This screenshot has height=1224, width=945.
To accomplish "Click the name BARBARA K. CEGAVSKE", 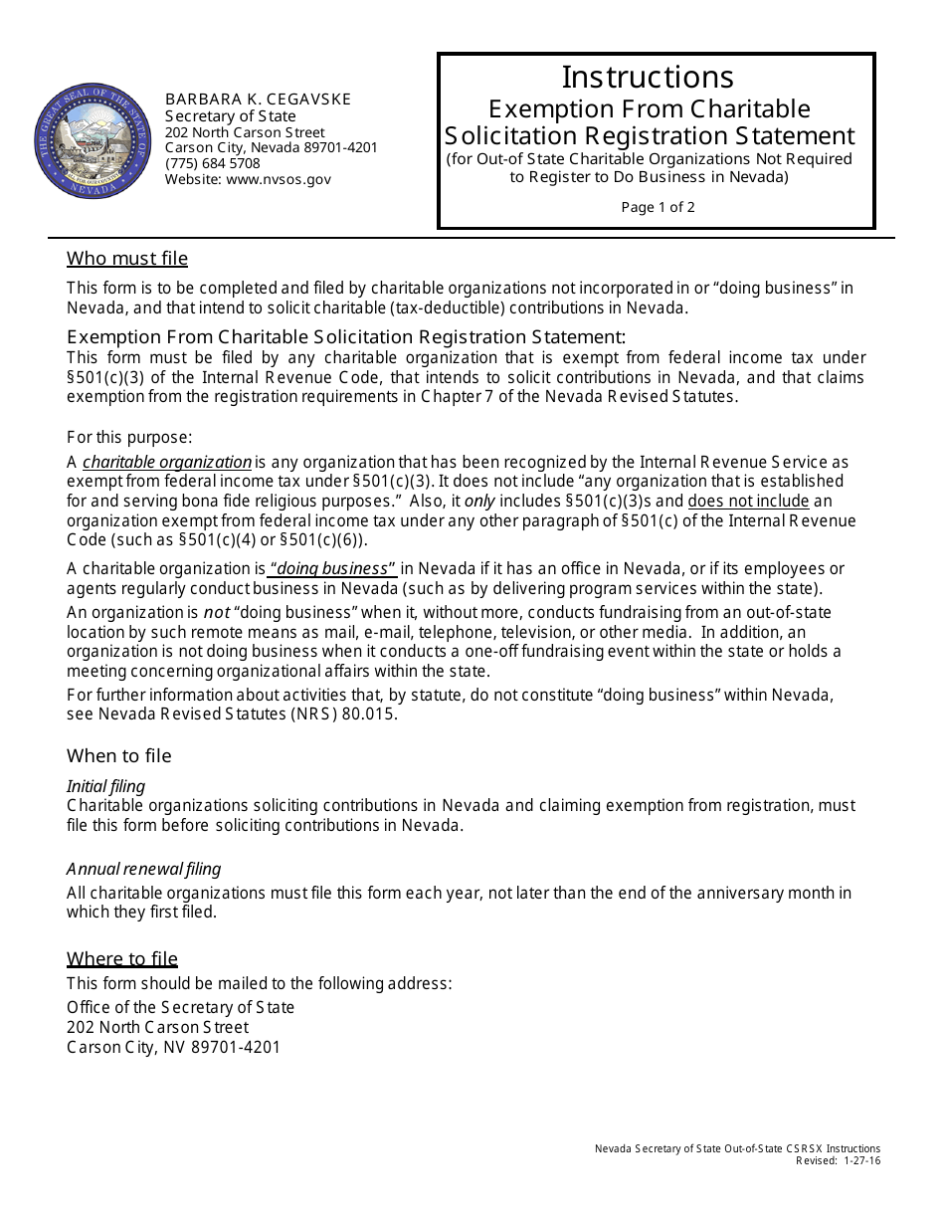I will pyautogui.click(x=258, y=100).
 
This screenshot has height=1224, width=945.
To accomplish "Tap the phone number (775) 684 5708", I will pyautogui.click(x=212, y=163).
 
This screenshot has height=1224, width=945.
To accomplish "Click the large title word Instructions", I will pyautogui.click(x=648, y=77).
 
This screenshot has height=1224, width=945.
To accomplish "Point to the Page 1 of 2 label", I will pyautogui.click(x=658, y=207).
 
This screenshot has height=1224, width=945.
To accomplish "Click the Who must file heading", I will pyautogui.click(x=127, y=259).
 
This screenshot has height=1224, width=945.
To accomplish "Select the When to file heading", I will pyautogui.click(x=119, y=756).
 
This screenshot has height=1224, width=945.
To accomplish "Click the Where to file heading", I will pyautogui.click(x=122, y=959).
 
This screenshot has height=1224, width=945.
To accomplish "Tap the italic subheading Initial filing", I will pyautogui.click(x=105, y=786).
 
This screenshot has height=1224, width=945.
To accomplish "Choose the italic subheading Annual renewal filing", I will pyautogui.click(x=144, y=869).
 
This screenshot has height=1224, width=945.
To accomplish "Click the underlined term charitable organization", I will pyautogui.click(x=167, y=462).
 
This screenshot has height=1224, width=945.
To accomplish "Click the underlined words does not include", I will pyautogui.click(x=748, y=501).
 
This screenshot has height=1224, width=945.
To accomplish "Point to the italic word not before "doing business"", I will pyautogui.click(x=217, y=612).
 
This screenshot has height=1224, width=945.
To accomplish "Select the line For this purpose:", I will pyautogui.click(x=129, y=437).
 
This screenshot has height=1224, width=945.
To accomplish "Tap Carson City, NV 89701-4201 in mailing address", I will pyautogui.click(x=174, y=1047).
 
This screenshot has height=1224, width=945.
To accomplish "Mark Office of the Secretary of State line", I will pyautogui.click(x=181, y=1007).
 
